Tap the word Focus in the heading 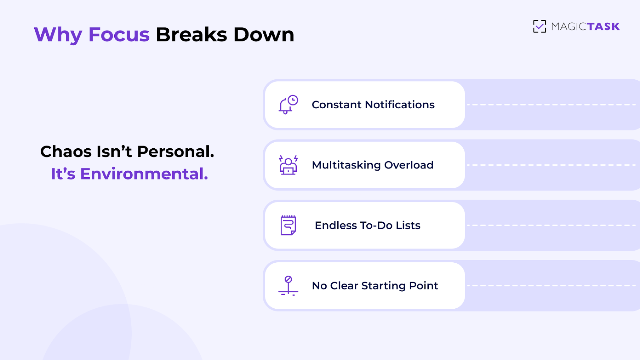[119, 35]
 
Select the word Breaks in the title [191, 35]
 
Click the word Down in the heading [264, 35]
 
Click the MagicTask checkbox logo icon [539, 26]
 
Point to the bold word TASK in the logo [603, 27]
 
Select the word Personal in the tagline [176, 152]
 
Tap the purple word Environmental [144, 174]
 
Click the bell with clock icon [288, 105]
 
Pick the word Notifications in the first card [400, 105]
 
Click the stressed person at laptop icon [288, 165]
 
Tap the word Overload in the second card [409, 165]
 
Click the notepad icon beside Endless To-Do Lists [288, 225]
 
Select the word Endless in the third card [336, 225]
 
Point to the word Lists [408, 225]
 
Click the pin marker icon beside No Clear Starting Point [288, 286]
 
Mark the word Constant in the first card [337, 105]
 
